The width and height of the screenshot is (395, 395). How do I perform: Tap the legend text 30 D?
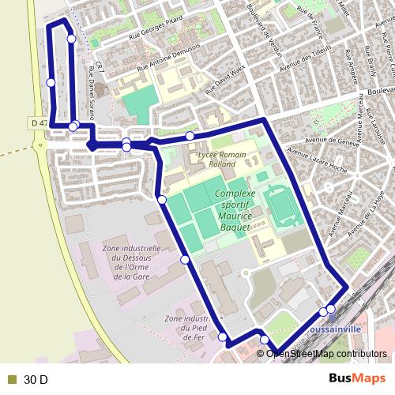[x=36, y=380]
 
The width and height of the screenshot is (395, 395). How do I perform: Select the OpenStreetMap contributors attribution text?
[x=327, y=354]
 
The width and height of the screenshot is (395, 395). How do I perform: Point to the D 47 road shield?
[x=37, y=123]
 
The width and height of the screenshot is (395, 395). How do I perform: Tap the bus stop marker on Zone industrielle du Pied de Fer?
[x=223, y=337]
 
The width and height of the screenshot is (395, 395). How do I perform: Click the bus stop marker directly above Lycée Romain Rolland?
[x=190, y=136]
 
